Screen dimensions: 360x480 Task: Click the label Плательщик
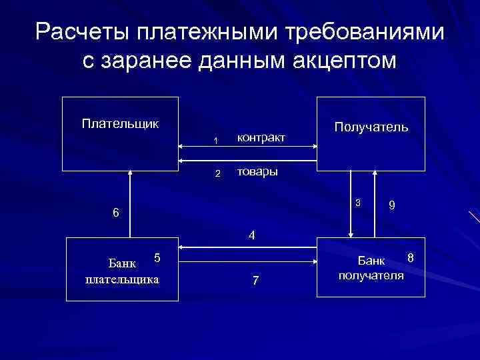(120, 123)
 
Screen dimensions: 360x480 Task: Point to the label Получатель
(371, 127)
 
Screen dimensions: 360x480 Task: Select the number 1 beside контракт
(215, 140)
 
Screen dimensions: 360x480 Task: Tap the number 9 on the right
(393, 207)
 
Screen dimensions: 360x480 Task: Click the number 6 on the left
(116, 213)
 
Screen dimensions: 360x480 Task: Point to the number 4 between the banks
(251, 235)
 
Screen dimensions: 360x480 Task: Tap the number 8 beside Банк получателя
(411, 257)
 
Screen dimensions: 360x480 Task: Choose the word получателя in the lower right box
(371, 275)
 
